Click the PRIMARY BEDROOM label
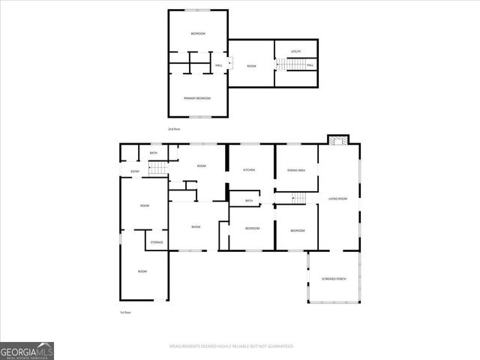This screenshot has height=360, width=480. pos(197,98)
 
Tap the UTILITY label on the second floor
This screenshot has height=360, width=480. pos(295,51)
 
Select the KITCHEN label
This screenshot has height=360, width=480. pos(249,170)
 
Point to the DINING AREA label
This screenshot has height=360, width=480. pos(295,170)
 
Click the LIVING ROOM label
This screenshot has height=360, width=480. pos(337,199)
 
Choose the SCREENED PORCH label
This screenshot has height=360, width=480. pos(333,279)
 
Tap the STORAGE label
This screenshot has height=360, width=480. pos(156,242)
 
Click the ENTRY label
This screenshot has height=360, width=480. pos(135,172)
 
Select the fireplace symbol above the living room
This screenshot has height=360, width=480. pos(338,139)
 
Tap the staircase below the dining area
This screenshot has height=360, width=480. pos(298,198)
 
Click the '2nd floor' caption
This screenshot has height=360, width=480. pos(174,129)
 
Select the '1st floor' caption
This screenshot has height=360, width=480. pos(127,312)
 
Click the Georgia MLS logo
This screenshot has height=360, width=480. pos(27,350)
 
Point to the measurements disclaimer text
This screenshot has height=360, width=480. pos(231,346)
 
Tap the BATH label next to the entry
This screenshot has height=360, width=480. pos(153,153)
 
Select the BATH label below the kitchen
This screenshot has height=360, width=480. pos(248,200)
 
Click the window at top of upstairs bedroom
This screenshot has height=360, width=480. pos(197,10)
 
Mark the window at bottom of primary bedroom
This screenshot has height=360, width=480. pos(197,116)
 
